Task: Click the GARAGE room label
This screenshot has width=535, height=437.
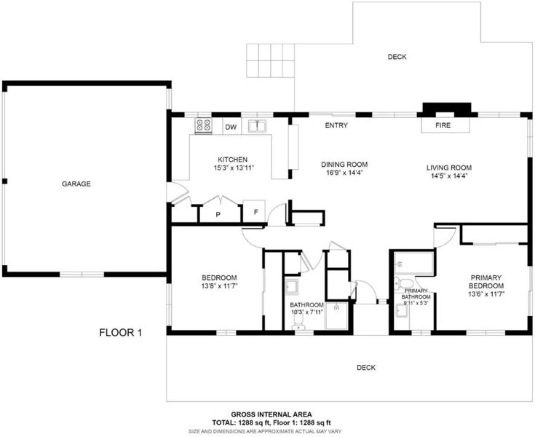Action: [x=76, y=184]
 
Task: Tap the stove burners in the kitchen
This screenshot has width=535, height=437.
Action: [x=203, y=125]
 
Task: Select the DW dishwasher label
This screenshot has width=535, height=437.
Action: [x=231, y=127]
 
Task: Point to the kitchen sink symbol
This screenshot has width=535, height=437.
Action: [x=257, y=126]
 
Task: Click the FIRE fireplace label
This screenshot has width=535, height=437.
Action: [x=443, y=125]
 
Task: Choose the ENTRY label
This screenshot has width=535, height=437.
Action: [x=336, y=125]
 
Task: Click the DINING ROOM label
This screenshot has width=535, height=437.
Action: [x=344, y=165]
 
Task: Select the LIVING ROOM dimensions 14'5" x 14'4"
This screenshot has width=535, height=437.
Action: [x=449, y=176]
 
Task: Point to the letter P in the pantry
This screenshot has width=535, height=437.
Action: [x=218, y=214]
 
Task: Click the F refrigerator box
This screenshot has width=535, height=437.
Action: [x=254, y=211]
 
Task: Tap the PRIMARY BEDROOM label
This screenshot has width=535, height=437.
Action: [x=486, y=282]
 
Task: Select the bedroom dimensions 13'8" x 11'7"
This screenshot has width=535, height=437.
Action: [x=219, y=286]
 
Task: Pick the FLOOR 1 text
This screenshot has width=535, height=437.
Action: [x=120, y=332]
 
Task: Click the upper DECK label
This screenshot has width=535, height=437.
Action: [x=397, y=57]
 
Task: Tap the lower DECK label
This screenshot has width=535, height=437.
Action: [x=366, y=368]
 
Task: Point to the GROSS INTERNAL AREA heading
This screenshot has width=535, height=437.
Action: [x=272, y=414]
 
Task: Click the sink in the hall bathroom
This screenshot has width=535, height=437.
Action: [x=292, y=287]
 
